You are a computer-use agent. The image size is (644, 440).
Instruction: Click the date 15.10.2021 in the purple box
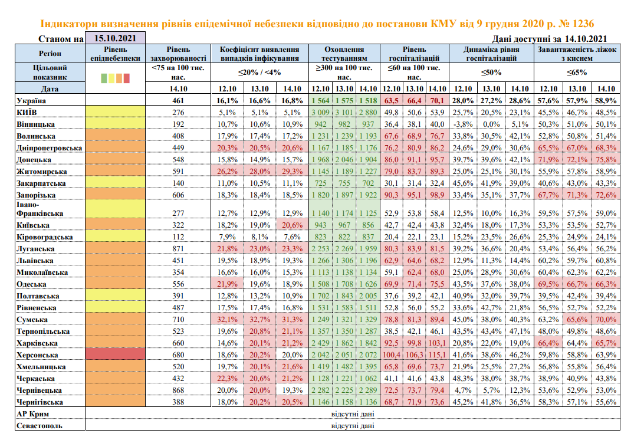pyautogui.click(x=115, y=38)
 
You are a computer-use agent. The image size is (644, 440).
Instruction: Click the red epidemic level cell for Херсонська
pyautogui.click(x=116, y=354)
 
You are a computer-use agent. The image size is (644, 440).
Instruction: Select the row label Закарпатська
pyautogui.click(x=41, y=183)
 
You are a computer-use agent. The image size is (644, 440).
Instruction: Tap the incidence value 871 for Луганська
pyautogui.click(x=178, y=248)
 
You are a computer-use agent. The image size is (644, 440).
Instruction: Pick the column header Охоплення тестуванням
pyautogui.click(x=344, y=54)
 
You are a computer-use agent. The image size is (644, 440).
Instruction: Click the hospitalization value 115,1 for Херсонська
pyautogui.click(x=437, y=354)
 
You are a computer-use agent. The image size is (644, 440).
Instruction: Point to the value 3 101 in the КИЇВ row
pyautogui.click(x=344, y=113)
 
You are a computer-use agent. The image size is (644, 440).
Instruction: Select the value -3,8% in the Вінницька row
pyautogui.click(x=463, y=124)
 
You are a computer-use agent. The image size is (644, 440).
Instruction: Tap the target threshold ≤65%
pyautogui.click(x=577, y=73)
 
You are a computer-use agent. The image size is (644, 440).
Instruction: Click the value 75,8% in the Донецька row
pyautogui.click(x=606, y=160)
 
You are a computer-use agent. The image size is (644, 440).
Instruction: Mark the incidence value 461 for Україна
pyautogui.click(x=178, y=101)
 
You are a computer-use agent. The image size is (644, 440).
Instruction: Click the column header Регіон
pyautogui.click(x=50, y=54)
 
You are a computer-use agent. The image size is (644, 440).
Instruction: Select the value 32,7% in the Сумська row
pyautogui.click(x=259, y=319)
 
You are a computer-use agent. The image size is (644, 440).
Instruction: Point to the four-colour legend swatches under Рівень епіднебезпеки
pyautogui.click(x=116, y=78)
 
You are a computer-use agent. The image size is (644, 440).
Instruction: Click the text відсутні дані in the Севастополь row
pyautogui.click(x=353, y=426)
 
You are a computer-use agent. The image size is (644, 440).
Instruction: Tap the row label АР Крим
pyautogui.click(x=33, y=413)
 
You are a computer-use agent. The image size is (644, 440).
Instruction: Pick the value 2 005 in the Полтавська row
pyautogui.click(x=368, y=296)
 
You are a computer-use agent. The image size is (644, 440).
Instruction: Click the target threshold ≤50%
pyautogui.click(x=491, y=73)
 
